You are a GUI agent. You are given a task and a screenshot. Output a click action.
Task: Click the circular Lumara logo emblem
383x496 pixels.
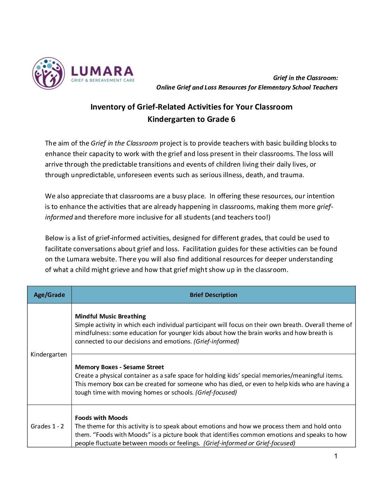click(x=49, y=73)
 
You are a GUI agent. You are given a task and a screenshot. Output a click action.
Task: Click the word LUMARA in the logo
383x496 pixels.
click(x=102, y=71)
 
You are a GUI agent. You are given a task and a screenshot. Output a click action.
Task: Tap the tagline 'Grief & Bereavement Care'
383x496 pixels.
click(x=103, y=80)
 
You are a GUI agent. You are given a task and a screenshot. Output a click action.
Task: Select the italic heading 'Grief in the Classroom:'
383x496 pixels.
click(x=305, y=78)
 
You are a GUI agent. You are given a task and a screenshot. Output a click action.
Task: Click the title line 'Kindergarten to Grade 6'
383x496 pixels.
click(x=191, y=119)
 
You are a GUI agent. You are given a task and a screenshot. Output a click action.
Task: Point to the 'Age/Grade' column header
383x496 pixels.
click(x=49, y=295)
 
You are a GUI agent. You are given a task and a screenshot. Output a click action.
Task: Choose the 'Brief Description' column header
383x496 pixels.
click(x=213, y=295)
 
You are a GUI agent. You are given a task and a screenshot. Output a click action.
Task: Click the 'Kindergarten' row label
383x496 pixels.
click(x=49, y=354)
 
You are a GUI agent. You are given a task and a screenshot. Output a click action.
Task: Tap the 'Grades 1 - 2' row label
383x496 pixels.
click(x=47, y=426)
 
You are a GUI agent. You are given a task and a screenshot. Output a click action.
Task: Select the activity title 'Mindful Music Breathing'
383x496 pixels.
click(x=110, y=316)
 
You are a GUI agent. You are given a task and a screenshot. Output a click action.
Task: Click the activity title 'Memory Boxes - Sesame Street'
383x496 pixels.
click(x=119, y=367)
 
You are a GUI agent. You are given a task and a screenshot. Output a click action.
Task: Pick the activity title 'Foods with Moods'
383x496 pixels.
click(x=101, y=418)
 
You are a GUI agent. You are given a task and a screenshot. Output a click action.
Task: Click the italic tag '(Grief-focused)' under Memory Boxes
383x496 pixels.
click(x=216, y=392)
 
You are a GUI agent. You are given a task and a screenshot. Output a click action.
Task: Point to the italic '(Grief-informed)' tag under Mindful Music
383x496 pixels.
click(x=216, y=341)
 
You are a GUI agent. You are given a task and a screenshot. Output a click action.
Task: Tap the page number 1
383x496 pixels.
click(x=335, y=456)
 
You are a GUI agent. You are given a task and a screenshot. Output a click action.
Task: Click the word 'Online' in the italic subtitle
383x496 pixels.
click(x=165, y=87)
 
